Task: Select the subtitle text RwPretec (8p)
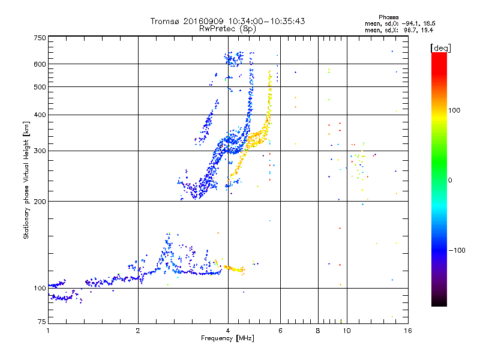pyautogui.click(x=227, y=29)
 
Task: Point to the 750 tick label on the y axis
pyautogui.click(x=40, y=38)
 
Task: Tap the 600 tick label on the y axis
pyautogui.click(x=40, y=64)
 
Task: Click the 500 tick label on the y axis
pyautogui.click(x=40, y=87)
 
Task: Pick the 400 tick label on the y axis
pyautogui.click(x=40, y=115)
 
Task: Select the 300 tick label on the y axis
pyautogui.click(x=40, y=151)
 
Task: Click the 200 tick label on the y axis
pyautogui.click(x=40, y=202)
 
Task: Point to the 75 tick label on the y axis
pyautogui.click(x=42, y=322)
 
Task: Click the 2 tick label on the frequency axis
pyautogui.click(x=138, y=331)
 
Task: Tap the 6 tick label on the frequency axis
pyautogui.click(x=280, y=331)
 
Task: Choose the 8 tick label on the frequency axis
pyautogui.click(x=318, y=331)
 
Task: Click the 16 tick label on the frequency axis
pyautogui.click(x=408, y=331)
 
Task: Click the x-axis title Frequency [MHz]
pyautogui.click(x=228, y=338)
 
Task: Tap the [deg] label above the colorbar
pyautogui.click(x=440, y=48)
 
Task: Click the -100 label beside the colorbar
pyautogui.click(x=457, y=250)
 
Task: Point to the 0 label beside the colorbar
pyautogui.click(x=450, y=181)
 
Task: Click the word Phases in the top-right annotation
pyautogui.click(x=389, y=17)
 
